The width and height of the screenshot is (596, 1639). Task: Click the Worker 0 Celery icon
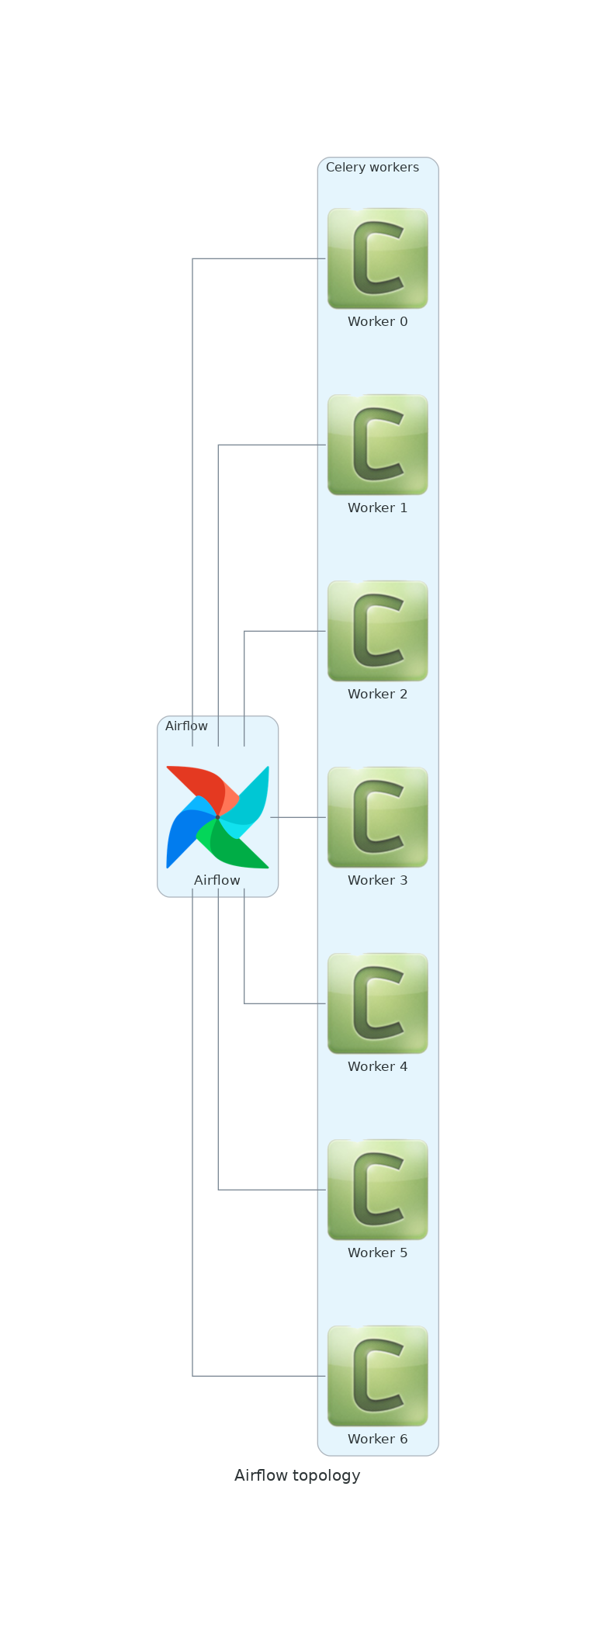pyautogui.click(x=377, y=258)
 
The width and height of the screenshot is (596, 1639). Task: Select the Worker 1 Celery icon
pyautogui.click(x=377, y=445)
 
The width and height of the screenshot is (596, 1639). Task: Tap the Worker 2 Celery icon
pyautogui.click(x=377, y=631)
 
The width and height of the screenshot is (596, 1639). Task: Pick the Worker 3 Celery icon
pyautogui.click(x=377, y=817)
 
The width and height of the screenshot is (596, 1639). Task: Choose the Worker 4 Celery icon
pyautogui.click(x=377, y=1003)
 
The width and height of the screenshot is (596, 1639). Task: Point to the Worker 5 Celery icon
pyautogui.click(x=377, y=1190)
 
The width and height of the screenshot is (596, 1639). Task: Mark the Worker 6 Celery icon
pyautogui.click(x=377, y=1376)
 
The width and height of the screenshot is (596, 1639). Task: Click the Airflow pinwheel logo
pyautogui.click(x=217, y=817)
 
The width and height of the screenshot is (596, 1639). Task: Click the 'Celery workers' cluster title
pyautogui.click(x=372, y=168)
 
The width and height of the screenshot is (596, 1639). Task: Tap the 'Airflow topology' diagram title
pyautogui.click(x=297, y=1475)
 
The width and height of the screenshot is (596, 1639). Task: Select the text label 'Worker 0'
pyautogui.click(x=377, y=322)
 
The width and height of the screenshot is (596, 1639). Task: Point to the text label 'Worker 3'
pyautogui.click(x=377, y=881)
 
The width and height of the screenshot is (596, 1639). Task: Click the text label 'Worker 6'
pyautogui.click(x=377, y=1440)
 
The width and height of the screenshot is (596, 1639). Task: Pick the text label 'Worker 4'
pyautogui.click(x=377, y=1067)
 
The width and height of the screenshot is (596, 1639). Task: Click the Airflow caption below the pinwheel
pyautogui.click(x=217, y=881)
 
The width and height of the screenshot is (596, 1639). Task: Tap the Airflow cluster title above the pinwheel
pyautogui.click(x=186, y=726)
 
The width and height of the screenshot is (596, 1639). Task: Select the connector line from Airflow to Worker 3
pyautogui.click(x=299, y=817)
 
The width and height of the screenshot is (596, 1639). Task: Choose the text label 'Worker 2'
pyautogui.click(x=377, y=695)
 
